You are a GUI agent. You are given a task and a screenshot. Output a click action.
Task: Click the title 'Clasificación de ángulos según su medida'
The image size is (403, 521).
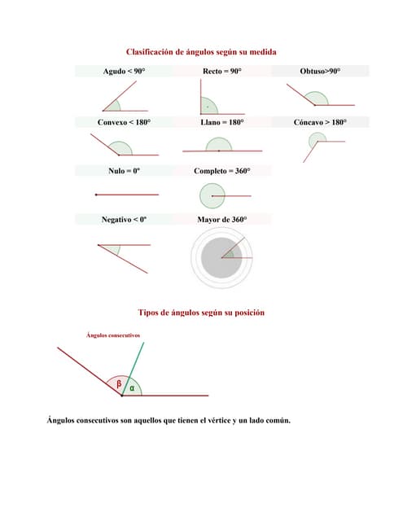point(201,51)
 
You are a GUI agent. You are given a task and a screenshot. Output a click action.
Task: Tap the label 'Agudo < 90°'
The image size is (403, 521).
point(124,72)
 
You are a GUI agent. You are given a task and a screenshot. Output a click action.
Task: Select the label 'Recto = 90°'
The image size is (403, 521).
point(221,72)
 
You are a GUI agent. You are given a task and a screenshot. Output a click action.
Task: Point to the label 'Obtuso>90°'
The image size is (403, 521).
point(320,72)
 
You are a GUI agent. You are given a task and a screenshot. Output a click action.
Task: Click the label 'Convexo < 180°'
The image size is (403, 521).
point(124,122)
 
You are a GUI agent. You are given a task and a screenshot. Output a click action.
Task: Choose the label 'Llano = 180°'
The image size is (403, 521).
point(221,122)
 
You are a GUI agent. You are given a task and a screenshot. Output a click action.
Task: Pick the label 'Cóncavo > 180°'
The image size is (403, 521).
point(320,122)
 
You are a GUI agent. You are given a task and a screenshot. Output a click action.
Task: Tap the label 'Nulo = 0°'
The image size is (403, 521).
point(124,171)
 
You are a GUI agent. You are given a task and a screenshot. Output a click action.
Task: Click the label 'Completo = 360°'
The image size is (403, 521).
point(221,171)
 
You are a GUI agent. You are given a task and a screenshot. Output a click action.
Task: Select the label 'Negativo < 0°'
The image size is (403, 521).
point(124,220)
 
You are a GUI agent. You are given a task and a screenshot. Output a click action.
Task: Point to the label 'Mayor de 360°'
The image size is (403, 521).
point(221,220)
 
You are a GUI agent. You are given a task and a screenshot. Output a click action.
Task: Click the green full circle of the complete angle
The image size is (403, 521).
point(212,195)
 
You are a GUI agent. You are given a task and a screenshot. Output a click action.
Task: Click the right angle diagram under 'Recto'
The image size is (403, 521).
point(209,104)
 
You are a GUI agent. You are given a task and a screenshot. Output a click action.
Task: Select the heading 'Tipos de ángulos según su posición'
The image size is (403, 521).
point(201,313)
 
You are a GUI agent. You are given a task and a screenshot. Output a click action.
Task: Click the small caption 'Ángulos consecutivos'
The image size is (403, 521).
point(113,335)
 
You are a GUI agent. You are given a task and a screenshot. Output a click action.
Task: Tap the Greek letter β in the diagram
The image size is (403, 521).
point(118,383)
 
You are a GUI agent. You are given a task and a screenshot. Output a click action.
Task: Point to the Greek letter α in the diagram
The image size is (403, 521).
point(132,387)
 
